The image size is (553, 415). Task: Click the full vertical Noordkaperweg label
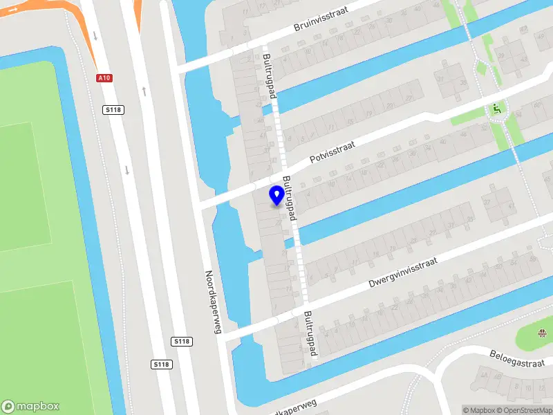pyautogui.click(x=213, y=301)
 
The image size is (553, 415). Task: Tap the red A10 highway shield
pyautogui.click(x=104, y=78)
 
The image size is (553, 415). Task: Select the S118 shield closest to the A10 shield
pyautogui.click(x=113, y=109)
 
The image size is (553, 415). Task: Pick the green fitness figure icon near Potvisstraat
pyautogui.click(x=496, y=109)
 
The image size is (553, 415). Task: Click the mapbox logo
pyautogui.click(x=30, y=407)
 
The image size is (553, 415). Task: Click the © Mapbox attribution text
pyautogui.click(x=479, y=410)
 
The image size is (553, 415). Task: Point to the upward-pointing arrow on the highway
pyautogui.click(x=144, y=91)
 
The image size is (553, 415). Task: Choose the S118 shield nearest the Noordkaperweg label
pyautogui.click(x=182, y=342)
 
